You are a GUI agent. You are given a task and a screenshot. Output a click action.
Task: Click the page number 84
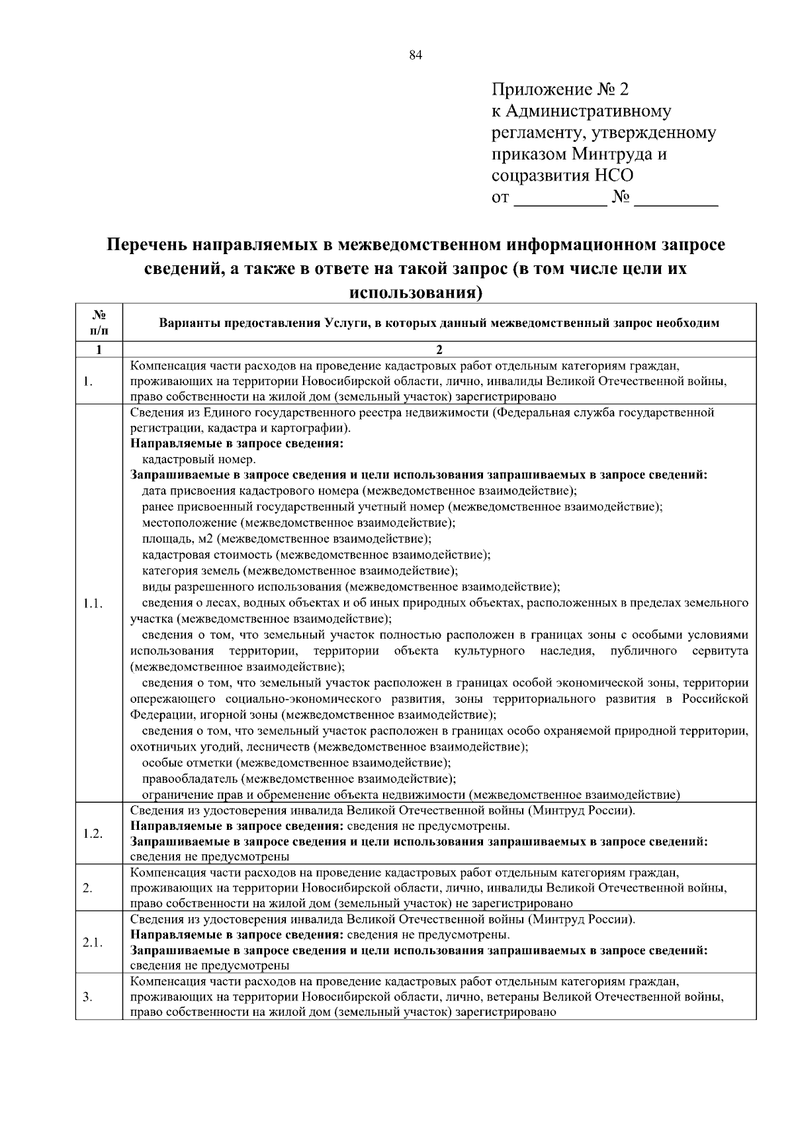[x=416, y=56]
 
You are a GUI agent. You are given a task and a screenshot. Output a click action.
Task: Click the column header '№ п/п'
[x=98, y=322]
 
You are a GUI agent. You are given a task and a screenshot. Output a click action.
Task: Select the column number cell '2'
[x=439, y=349]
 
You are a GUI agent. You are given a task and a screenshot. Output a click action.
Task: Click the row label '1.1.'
[x=93, y=604]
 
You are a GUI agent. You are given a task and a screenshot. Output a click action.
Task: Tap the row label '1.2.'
[x=93, y=833]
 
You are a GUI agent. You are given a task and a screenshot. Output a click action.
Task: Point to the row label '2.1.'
[x=93, y=942]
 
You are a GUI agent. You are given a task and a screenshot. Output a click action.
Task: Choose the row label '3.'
[x=87, y=997]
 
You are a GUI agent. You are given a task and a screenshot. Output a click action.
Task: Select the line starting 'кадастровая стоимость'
[x=316, y=555]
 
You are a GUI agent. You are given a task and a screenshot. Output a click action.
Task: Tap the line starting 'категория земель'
[x=299, y=570]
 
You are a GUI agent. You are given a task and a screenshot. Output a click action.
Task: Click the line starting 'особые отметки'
[x=296, y=763]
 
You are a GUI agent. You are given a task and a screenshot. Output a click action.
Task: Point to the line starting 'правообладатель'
[x=298, y=779]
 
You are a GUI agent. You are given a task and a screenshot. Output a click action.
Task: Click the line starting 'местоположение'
[x=298, y=523]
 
